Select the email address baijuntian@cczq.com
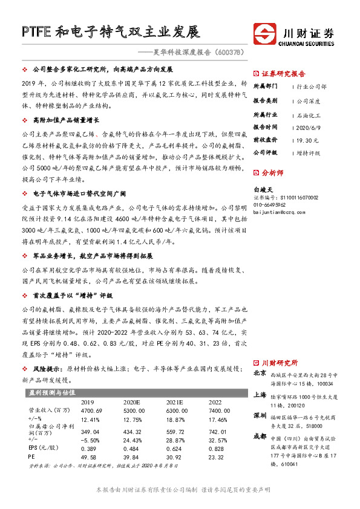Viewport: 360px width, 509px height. pos(279,212)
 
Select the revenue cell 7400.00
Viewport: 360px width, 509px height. pos(217,410)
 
